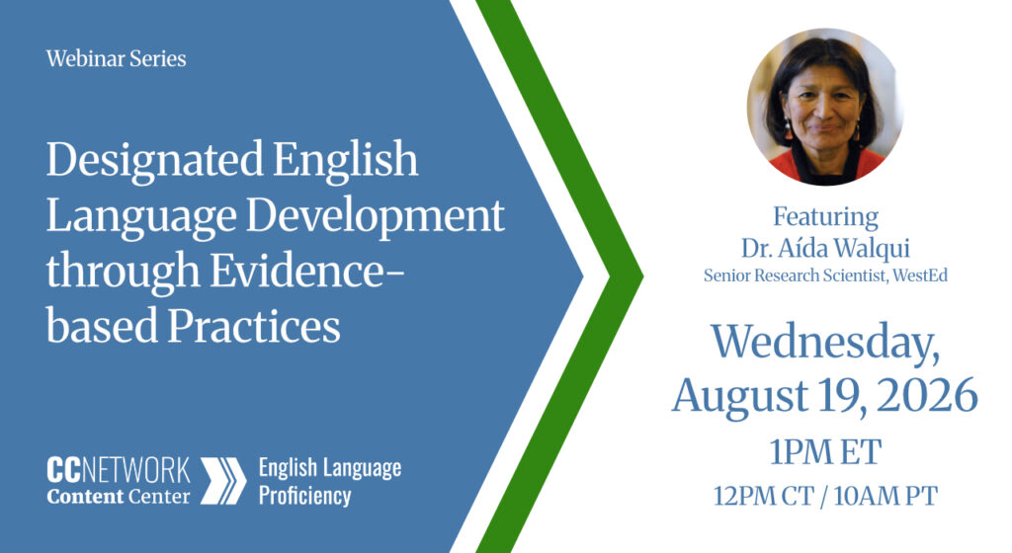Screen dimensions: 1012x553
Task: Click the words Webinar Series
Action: (117, 58)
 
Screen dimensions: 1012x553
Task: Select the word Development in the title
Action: (375, 216)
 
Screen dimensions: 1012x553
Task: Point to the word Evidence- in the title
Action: (307, 272)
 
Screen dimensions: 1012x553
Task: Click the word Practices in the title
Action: (254, 326)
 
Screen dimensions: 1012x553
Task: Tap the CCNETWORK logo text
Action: (119, 470)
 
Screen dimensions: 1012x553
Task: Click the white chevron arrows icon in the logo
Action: (223, 481)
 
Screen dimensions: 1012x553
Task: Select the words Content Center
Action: (119, 497)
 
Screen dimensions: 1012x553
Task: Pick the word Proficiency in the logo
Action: (304, 497)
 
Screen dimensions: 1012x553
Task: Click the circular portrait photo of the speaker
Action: (825, 107)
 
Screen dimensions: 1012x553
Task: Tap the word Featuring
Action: (825, 217)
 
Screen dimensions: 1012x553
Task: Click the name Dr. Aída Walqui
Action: (825, 248)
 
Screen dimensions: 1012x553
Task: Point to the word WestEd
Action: (920, 276)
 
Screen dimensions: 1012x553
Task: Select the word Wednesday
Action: (825, 343)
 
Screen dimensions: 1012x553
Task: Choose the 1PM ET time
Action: (825, 452)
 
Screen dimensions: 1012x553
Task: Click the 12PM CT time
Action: (764, 497)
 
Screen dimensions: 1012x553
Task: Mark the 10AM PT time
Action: (885, 497)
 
